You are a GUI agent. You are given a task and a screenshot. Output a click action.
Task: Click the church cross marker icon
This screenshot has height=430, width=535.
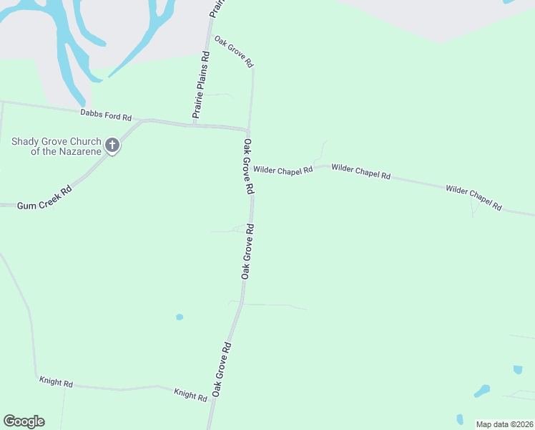pos(112,145)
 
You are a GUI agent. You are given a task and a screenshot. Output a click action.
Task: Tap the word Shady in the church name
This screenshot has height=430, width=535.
pos(25,140)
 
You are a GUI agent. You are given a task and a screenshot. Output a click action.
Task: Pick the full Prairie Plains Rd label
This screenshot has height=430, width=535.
pos(201,85)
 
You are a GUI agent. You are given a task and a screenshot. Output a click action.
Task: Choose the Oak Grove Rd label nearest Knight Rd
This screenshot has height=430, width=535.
pos(221,370)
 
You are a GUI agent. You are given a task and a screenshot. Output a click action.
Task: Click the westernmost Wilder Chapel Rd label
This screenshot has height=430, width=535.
pos(283,170)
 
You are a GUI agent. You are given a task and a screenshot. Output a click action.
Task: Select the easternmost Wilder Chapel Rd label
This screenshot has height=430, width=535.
pos(473,198)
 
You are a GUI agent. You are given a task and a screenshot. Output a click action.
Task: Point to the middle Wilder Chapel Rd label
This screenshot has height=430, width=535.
pos(361,171)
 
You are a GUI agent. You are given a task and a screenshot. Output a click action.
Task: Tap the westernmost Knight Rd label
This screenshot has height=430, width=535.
pos(57,383)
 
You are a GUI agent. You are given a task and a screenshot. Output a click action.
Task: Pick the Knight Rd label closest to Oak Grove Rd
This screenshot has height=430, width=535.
pos(191,394)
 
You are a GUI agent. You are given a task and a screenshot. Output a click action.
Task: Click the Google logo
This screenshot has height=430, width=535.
pos(24,421)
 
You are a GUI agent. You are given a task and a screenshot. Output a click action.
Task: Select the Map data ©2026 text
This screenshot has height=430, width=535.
pos(504,424)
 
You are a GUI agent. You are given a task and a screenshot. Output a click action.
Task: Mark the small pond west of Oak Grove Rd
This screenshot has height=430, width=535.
pos(180,317)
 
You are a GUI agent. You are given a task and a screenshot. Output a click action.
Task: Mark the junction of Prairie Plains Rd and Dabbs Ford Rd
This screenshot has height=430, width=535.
pos(195,125)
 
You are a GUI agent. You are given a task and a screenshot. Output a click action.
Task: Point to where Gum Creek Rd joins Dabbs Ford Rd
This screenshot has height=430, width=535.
pos(142,121)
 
